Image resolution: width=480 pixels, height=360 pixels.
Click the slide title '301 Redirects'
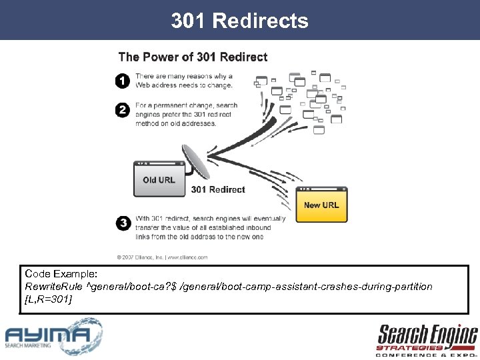pos(239,21)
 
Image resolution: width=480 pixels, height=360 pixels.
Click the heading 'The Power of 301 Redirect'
pos(193,57)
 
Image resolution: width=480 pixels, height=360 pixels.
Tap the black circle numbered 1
pos(123,81)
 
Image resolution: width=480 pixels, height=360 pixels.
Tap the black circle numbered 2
pos(123,110)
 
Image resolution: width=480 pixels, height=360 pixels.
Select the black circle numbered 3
pos(123,223)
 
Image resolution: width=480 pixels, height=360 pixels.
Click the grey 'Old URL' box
pos(159,179)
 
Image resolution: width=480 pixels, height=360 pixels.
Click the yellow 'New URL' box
pos(321,204)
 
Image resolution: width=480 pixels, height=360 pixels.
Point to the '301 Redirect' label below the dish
pos(218,190)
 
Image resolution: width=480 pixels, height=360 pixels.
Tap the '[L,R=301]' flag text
pos(48,299)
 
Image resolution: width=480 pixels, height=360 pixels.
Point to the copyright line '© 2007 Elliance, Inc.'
pos(162,257)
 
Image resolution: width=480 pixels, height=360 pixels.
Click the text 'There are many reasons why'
pos(184,77)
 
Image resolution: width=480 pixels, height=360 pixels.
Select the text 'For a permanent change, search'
pos(186,106)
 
